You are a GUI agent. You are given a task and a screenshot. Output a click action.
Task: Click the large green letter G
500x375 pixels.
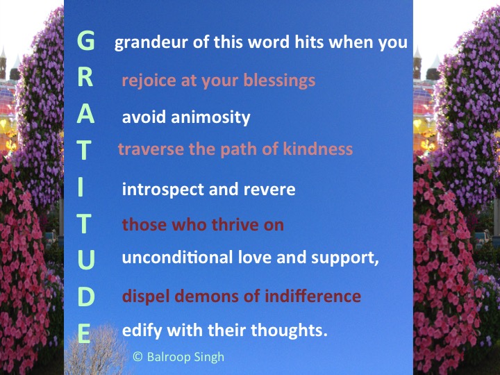tap(85, 42)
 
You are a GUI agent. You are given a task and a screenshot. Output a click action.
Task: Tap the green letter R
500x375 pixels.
tap(85, 78)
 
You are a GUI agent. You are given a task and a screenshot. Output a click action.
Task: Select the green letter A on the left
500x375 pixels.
tap(85, 115)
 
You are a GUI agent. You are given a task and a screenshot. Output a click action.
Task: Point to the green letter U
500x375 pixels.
tap(85, 260)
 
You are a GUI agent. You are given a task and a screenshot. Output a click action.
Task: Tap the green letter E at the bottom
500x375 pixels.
tap(84, 334)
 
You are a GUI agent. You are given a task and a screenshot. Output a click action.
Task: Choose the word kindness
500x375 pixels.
tap(316, 149)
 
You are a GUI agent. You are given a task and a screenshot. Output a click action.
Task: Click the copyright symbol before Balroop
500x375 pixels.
tap(137, 356)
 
